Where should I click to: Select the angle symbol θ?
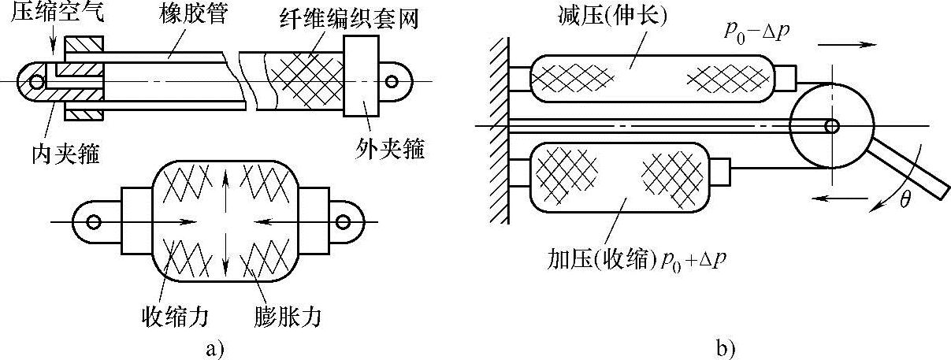point(905,200)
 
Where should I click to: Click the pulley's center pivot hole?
point(831,124)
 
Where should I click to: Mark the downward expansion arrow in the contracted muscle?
point(226,254)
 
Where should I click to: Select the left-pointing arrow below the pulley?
point(835,199)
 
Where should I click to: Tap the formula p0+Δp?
point(694,257)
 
